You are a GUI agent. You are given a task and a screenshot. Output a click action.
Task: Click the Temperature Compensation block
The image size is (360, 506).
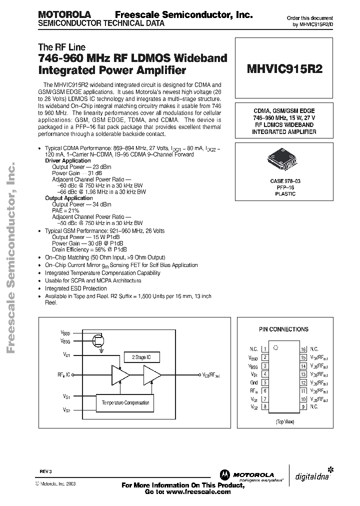(x=125, y=402)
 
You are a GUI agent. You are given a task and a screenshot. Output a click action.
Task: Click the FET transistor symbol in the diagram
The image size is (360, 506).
(x=99, y=341)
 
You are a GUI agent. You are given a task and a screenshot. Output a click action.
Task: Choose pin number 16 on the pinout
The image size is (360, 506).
(x=303, y=349)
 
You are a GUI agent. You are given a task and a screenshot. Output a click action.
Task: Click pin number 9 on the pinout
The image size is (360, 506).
(x=303, y=406)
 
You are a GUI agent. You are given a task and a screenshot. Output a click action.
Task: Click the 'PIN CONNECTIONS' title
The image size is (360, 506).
(x=283, y=329)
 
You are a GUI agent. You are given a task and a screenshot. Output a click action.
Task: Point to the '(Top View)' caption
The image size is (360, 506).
(x=283, y=422)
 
